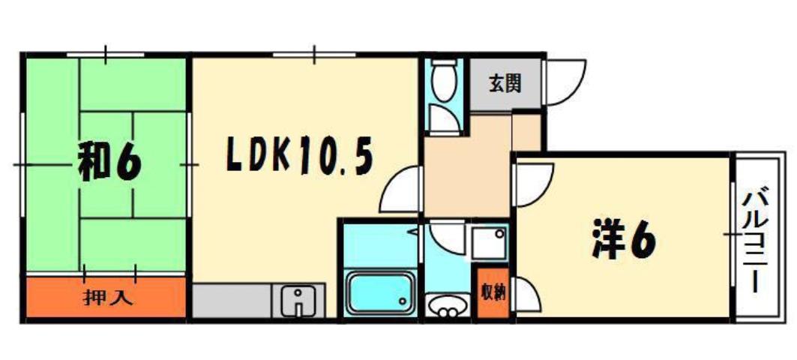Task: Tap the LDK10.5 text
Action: [x=298, y=155]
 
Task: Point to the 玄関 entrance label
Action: [x=505, y=82]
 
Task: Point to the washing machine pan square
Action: [x=490, y=241]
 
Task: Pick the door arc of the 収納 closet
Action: [x=525, y=294]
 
